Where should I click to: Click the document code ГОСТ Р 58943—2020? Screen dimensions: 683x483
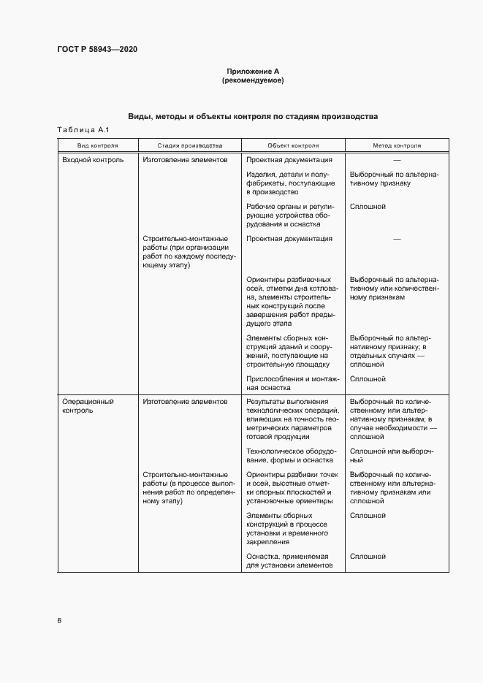(x=97, y=50)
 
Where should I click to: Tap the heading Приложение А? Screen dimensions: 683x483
(x=253, y=72)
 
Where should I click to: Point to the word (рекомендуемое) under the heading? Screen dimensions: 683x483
(x=253, y=80)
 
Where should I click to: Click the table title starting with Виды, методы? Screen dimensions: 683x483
(x=253, y=117)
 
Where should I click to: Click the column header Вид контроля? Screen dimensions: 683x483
(x=97, y=145)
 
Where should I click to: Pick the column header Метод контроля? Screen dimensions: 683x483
(x=397, y=145)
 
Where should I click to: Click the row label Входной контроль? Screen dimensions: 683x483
(x=93, y=159)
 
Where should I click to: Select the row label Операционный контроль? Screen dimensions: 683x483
(x=88, y=406)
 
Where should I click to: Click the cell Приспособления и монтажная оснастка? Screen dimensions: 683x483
(x=292, y=384)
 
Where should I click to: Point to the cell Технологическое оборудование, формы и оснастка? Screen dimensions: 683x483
(x=290, y=455)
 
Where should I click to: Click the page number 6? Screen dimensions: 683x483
(x=59, y=621)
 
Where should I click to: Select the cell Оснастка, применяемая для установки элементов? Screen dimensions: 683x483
(x=289, y=561)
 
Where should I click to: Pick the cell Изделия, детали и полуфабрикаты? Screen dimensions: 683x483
(x=288, y=183)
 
